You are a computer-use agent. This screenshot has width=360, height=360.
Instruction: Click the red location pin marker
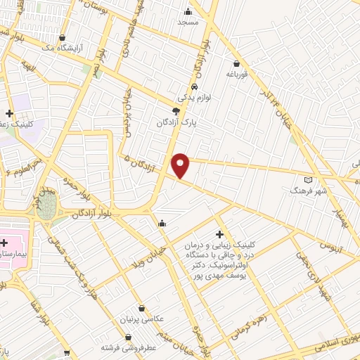pos(181,165)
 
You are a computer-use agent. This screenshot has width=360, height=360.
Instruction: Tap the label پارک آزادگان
pos(176,122)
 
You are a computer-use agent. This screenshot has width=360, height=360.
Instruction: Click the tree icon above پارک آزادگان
pos(176,111)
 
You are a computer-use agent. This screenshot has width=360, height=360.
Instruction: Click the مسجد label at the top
pos(188,22)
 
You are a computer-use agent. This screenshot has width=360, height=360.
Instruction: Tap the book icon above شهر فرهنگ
pos(307,179)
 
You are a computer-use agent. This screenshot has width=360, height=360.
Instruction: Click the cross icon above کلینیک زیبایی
pos(220,233)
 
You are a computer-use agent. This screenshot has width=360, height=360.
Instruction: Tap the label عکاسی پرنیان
pos(143,319)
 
